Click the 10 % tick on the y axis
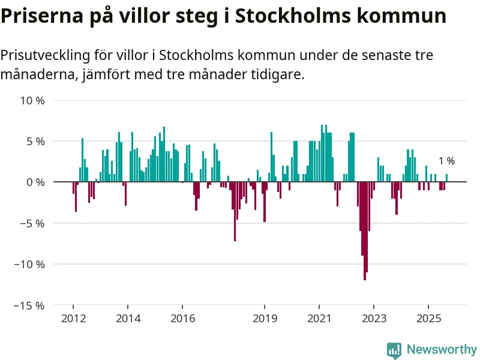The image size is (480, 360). [32, 101]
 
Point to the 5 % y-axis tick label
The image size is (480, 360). [35, 142]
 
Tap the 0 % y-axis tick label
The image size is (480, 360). [35, 182]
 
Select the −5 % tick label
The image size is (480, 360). [32, 223]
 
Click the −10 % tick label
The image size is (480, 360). [30, 264]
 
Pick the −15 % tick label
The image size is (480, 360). [30, 305]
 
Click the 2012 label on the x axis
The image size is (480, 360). [73, 318]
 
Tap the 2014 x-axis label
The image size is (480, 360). [128, 318]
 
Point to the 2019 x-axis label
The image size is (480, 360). [265, 318]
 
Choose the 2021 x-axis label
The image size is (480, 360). [319, 318]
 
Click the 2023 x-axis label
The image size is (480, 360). [374, 318]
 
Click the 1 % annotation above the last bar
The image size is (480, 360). [446, 161]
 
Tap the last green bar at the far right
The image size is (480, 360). [446, 178]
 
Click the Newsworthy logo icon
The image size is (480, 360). [394, 349]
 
